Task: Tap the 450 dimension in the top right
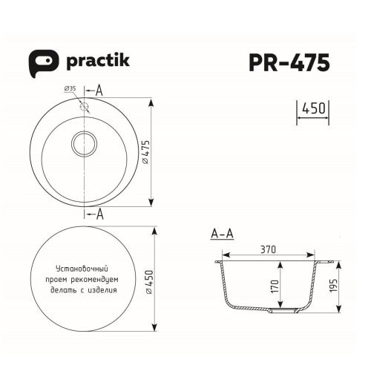(312, 110)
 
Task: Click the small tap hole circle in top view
(85, 107)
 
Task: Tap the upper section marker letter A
(99, 90)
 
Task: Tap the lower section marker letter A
(99, 214)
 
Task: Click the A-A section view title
(222, 234)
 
